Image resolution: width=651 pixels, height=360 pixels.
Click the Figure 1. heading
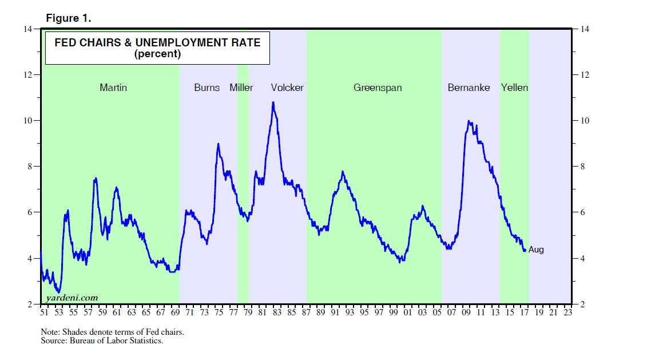(x=68, y=18)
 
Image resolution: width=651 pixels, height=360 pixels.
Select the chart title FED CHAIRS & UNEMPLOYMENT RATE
(x=157, y=42)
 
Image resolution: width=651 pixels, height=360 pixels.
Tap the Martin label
(x=113, y=88)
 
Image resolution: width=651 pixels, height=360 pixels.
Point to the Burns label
(x=207, y=88)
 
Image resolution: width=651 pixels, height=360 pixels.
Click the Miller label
(x=241, y=88)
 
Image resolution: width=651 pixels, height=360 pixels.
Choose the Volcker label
(x=287, y=88)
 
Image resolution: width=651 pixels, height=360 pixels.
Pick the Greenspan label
(x=378, y=88)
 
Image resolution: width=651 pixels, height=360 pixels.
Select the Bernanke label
(x=469, y=88)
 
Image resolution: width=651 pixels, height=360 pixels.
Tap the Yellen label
(x=514, y=88)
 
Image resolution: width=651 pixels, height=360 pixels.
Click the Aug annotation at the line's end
(x=536, y=250)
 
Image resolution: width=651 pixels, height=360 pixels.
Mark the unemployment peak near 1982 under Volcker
(x=273, y=102)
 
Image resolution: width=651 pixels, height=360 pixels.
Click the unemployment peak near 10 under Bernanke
(x=469, y=121)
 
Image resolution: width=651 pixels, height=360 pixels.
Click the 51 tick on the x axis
(x=44, y=312)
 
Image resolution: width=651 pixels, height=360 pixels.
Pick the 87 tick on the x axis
(x=306, y=312)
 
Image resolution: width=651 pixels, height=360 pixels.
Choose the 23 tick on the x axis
(x=567, y=312)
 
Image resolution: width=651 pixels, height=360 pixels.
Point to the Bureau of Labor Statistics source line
(x=102, y=341)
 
